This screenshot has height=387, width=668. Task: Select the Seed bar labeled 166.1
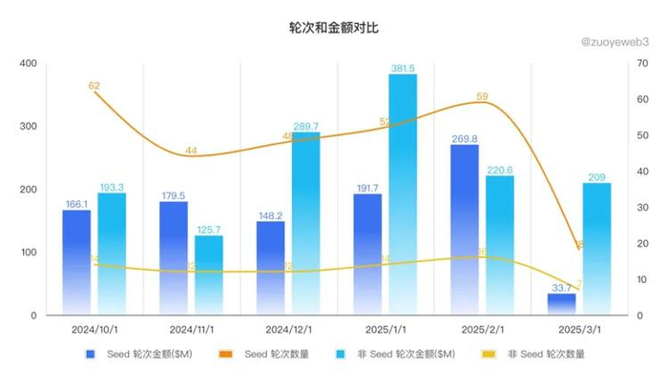click(76, 259)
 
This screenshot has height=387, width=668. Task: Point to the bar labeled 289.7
click(306, 223)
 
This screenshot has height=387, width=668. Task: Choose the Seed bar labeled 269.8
click(465, 229)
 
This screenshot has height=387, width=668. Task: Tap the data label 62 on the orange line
click(94, 86)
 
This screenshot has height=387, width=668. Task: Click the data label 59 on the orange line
click(482, 96)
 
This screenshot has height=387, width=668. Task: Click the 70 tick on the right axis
click(645, 64)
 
